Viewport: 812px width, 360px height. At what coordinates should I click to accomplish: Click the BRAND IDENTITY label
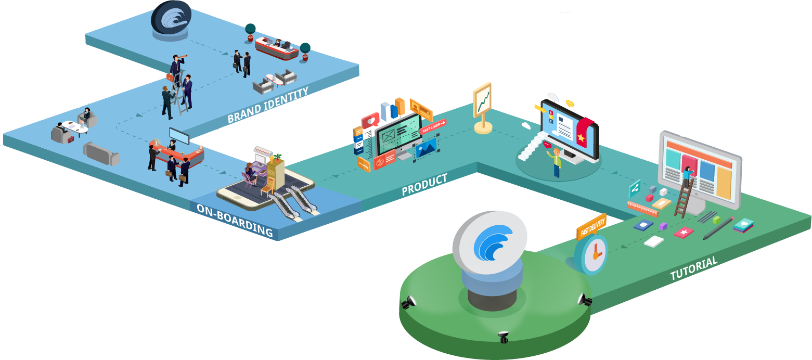click(x=268, y=106)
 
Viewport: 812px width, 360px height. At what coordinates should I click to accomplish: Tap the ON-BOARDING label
click(x=235, y=220)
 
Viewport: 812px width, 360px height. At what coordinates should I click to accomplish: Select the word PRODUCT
click(x=424, y=185)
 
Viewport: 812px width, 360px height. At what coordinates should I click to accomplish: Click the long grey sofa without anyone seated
click(x=101, y=153)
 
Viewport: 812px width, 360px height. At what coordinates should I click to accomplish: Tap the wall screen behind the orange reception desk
click(x=179, y=136)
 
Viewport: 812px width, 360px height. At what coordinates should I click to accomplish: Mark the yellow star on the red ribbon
click(x=581, y=137)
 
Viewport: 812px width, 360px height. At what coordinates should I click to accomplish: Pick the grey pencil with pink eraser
click(x=718, y=228)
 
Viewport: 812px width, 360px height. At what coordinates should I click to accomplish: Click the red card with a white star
click(x=684, y=232)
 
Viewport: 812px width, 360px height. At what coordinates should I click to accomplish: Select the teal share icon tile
click(x=634, y=188)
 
